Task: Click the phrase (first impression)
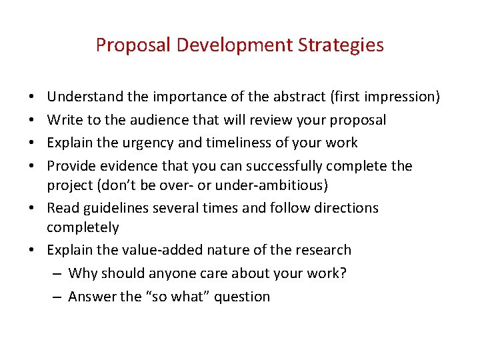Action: (x=385, y=97)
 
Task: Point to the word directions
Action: (x=344, y=207)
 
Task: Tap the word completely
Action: (x=83, y=227)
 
